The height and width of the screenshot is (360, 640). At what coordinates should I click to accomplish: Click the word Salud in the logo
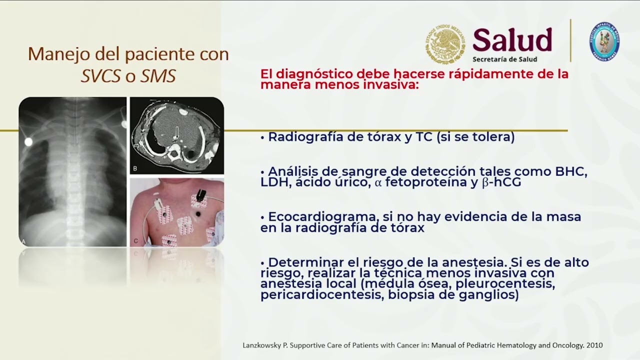click(512, 40)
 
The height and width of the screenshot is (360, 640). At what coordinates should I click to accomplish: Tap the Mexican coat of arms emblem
click(444, 44)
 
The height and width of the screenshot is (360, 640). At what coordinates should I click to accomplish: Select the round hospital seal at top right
click(604, 41)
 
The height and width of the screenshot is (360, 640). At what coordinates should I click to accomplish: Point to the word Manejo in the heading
click(52, 54)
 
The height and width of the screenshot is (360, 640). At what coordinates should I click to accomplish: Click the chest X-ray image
click(72, 171)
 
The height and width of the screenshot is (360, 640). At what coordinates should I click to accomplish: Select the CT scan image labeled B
click(176, 135)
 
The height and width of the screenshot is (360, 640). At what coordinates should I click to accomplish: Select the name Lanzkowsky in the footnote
click(265, 345)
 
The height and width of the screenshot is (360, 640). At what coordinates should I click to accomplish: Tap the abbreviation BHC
click(571, 171)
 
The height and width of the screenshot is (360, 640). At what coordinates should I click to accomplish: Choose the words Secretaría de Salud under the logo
click(504, 59)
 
